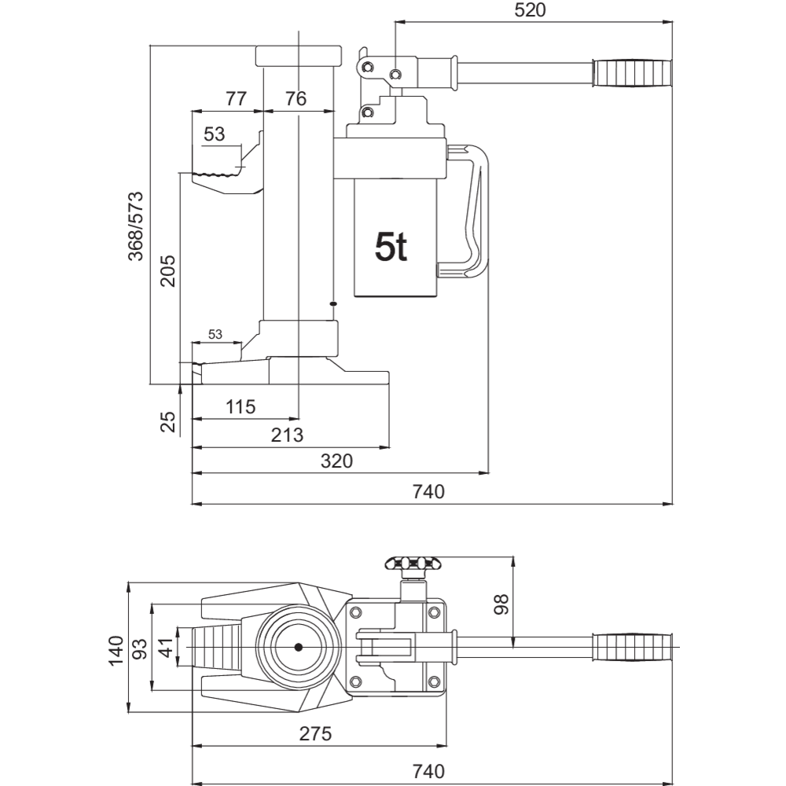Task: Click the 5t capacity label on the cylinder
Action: click(x=391, y=248)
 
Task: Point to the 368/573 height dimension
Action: click(x=135, y=226)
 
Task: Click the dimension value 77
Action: click(x=236, y=99)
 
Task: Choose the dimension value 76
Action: click(x=296, y=99)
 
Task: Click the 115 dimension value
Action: click(x=241, y=407)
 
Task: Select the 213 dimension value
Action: click(x=288, y=435)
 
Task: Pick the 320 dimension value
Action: click(x=336, y=461)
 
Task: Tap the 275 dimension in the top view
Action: click(x=315, y=734)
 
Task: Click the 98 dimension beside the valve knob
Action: click(x=501, y=604)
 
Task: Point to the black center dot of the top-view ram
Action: click(x=299, y=648)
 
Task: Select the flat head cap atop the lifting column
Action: click(x=299, y=56)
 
